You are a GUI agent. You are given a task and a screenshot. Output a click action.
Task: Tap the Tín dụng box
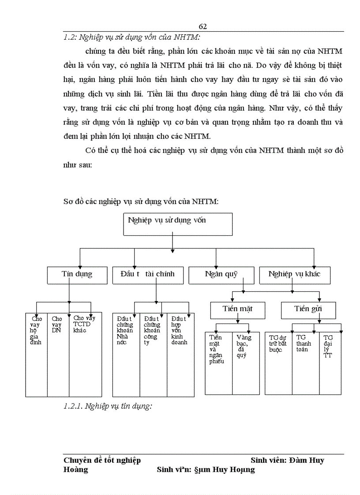click(77, 274)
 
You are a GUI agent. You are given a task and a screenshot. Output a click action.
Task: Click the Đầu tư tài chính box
click(147, 274)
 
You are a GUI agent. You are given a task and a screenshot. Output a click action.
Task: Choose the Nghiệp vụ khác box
click(294, 274)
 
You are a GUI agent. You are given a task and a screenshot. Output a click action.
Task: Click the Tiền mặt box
click(237, 309)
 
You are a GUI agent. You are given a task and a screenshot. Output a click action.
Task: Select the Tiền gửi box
click(308, 309)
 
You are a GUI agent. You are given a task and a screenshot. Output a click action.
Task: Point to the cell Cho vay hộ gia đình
click(36, 353)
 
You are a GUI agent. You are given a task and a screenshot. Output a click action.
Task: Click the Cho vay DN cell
click(58, 353)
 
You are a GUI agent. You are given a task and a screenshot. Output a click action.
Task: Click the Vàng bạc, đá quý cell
click(246, 361)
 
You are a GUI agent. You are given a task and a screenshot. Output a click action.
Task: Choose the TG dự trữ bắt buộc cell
click(278, 361)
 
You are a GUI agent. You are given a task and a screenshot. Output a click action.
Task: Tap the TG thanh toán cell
click(305, 361)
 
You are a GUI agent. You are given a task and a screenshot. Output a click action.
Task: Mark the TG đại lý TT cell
click(330, 361)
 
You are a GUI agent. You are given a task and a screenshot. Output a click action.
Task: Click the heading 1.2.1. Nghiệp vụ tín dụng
click(108, 406)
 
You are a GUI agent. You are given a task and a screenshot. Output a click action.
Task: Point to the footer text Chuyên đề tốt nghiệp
click(102, 461)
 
